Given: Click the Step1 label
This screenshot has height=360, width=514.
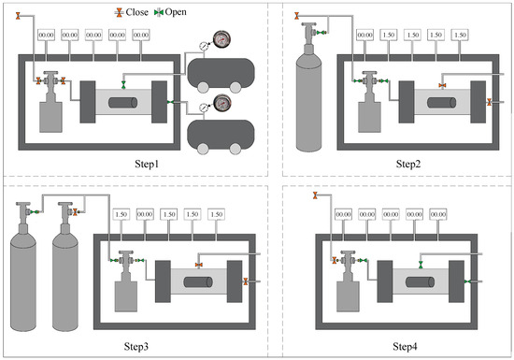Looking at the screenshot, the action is (147, 164).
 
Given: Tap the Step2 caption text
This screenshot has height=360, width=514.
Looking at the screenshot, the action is (408, 164).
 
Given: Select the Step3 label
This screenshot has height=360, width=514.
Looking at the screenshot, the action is (136, 346).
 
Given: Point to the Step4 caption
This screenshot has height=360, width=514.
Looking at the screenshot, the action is (406, 346).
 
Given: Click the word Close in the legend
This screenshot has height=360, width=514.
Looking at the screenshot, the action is (137, 12).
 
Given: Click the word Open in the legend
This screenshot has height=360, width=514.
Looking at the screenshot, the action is (176, 12).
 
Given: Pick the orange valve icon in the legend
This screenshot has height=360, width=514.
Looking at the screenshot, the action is (119, 13).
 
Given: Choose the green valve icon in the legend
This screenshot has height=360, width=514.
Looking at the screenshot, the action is (159, 13).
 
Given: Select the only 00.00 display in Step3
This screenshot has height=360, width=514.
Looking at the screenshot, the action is (145, 214).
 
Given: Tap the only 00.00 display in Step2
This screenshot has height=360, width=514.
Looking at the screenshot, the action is (364, 36).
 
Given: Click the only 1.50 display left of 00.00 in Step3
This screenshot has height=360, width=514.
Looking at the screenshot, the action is (121, 214).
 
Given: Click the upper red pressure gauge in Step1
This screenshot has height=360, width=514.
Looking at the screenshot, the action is (221, 39).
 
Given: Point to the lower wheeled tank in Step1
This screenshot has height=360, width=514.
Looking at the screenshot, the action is (221, 137).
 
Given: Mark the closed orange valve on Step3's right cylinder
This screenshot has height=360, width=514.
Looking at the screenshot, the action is (76, 212).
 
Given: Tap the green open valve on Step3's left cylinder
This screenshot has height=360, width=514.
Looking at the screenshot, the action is (34, 212).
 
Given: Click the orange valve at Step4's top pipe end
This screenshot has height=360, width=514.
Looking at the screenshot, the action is (315, 195).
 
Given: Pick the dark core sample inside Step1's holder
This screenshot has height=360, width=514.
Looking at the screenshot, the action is (123, 102).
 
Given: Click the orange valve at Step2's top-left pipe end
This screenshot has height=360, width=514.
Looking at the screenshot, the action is (296, 15).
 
